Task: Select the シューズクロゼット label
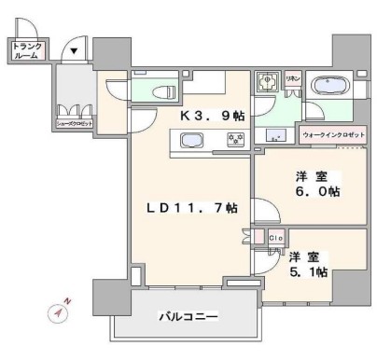(74, 121)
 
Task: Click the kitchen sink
(192, 142)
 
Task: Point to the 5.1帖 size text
(308, 271)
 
